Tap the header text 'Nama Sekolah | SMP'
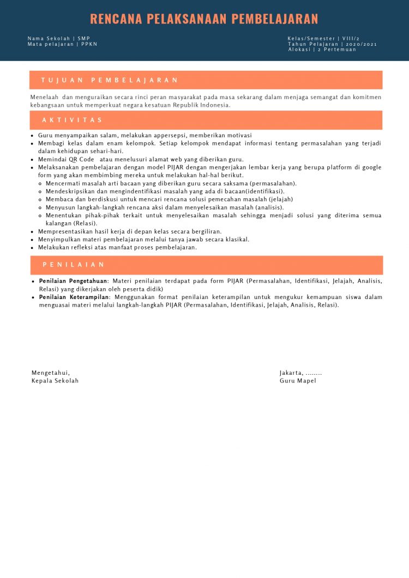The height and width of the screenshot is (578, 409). coord(59,39)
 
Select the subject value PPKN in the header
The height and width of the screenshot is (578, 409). coord(89,44)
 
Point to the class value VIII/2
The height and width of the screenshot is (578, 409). coord(351,39)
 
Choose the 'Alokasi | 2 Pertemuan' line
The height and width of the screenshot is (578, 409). coord(322,50)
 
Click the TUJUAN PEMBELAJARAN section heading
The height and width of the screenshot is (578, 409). coord(110,80)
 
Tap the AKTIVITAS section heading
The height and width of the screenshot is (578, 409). coord(73,120)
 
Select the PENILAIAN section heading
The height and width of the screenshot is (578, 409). coord(74,265)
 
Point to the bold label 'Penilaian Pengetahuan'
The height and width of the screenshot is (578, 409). coord(73,281)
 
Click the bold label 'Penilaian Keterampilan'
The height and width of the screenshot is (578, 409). coord(74,297)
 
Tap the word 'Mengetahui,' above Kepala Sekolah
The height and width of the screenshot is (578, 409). coord(51,373)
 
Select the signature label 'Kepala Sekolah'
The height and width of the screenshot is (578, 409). coord(55,381)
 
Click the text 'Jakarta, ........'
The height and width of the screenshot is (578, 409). coord(300,373)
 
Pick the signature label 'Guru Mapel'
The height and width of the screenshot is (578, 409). coord(298,381)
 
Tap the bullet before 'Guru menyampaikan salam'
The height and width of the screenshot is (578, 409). coord(33,136)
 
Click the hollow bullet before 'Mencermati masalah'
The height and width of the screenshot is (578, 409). coord(40,184)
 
